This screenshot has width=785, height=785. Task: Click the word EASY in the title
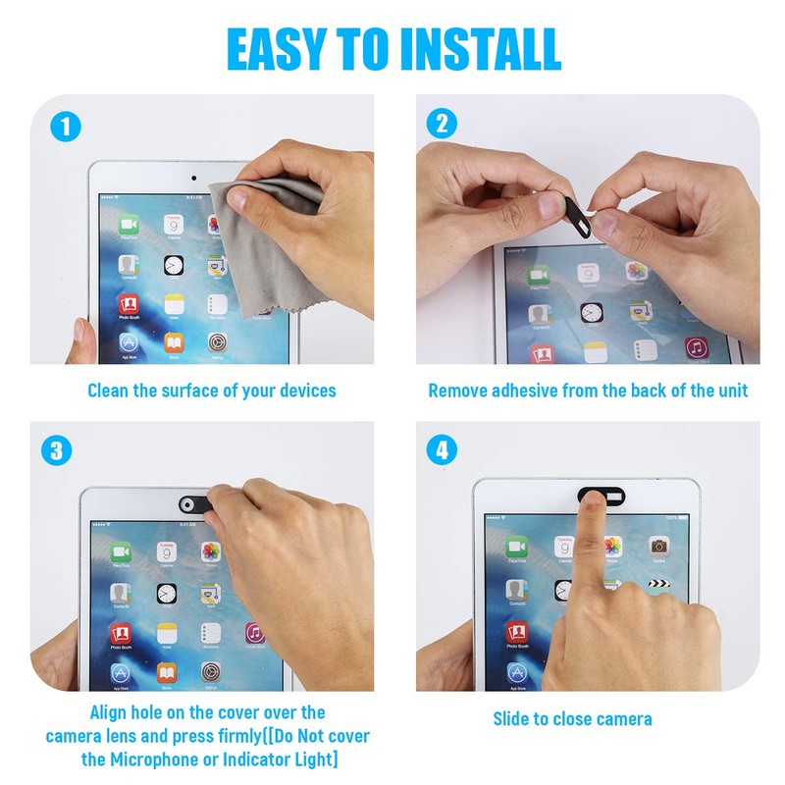pyautogui.click(x=276, y=48)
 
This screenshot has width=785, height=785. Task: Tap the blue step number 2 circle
pyautogui.click(x=442, y=125)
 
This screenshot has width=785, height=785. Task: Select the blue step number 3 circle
pyautogui.click(x=57, y=451)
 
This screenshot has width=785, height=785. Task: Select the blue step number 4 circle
pyautogui.click(x=442, y=451)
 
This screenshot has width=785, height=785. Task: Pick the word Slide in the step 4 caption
pyautogui.click(x=513, y=718)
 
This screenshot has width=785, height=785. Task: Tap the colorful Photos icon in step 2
pyautogui.click(x=638, y=272)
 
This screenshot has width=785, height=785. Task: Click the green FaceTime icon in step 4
pyautogui.click(x=517, y=546)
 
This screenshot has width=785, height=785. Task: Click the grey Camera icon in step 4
pyautogui.click(x=659, y=546)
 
